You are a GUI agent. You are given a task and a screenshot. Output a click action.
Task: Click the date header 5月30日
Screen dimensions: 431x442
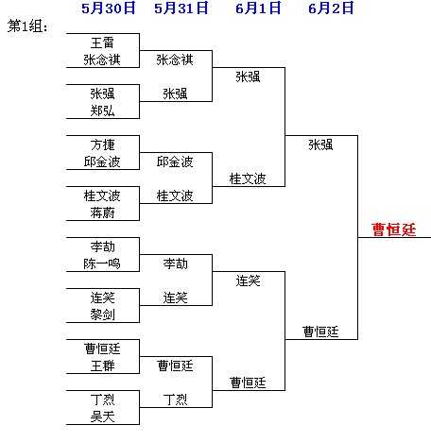pyautogui.click(x=109, y=8)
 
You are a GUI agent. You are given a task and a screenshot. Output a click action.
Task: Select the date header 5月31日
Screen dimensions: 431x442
pyautogui.click(x=181, y=8)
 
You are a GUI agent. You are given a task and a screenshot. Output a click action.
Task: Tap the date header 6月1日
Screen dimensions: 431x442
pyautogui.click(x=258, y=8)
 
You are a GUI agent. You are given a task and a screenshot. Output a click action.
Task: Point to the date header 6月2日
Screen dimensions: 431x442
pyautogui.click(x=331, y=8)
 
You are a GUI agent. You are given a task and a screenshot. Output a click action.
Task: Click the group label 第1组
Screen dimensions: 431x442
pyautogui.click(x=27, y=25)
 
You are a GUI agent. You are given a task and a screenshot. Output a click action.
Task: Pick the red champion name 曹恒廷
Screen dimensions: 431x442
pyautogui.click(x=394, y=229)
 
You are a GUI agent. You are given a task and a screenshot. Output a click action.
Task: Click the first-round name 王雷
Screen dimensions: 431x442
pyautogui.click(x=102, y=42)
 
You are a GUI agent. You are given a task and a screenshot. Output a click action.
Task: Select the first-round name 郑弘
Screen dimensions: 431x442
pyautogui.click(x=102, y=110)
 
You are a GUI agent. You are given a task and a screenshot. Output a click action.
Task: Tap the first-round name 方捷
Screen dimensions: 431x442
pyautogui.click(x=102, y=144)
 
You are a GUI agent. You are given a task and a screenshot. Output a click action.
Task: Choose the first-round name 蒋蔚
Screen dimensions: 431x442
pyautogui.click(x=102, y=212)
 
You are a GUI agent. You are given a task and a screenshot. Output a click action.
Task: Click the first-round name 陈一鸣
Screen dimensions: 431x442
pyautogui.click(x=102, y=263)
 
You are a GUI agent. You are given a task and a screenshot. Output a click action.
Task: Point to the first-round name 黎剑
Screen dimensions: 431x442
pyautogui.click(x=102, y=314)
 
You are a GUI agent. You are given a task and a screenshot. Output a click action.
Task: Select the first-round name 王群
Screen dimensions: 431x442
pyautogui.click(x=102, y=365)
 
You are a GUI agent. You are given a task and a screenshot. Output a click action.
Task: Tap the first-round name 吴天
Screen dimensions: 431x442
pyautogui.click(x=102, y=416)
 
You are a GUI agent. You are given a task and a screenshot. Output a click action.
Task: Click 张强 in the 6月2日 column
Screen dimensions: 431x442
pyautogui.click(x=320, y=144)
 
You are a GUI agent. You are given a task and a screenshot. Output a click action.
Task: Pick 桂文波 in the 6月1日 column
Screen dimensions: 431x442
pyautogui.click(x=248, y=178)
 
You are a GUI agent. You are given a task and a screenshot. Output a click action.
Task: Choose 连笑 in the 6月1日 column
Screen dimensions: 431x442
pyautogui.click(x=248, y=280)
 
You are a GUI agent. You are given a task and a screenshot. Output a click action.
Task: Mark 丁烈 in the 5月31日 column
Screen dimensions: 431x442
pyautogui.click(x=175, y=399)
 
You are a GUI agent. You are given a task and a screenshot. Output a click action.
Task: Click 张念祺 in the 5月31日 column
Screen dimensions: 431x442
pyautogui.click(x=175, y=59)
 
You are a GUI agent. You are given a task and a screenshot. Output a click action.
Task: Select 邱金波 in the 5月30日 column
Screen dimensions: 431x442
pyautogui.click(x=102, y=161)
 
